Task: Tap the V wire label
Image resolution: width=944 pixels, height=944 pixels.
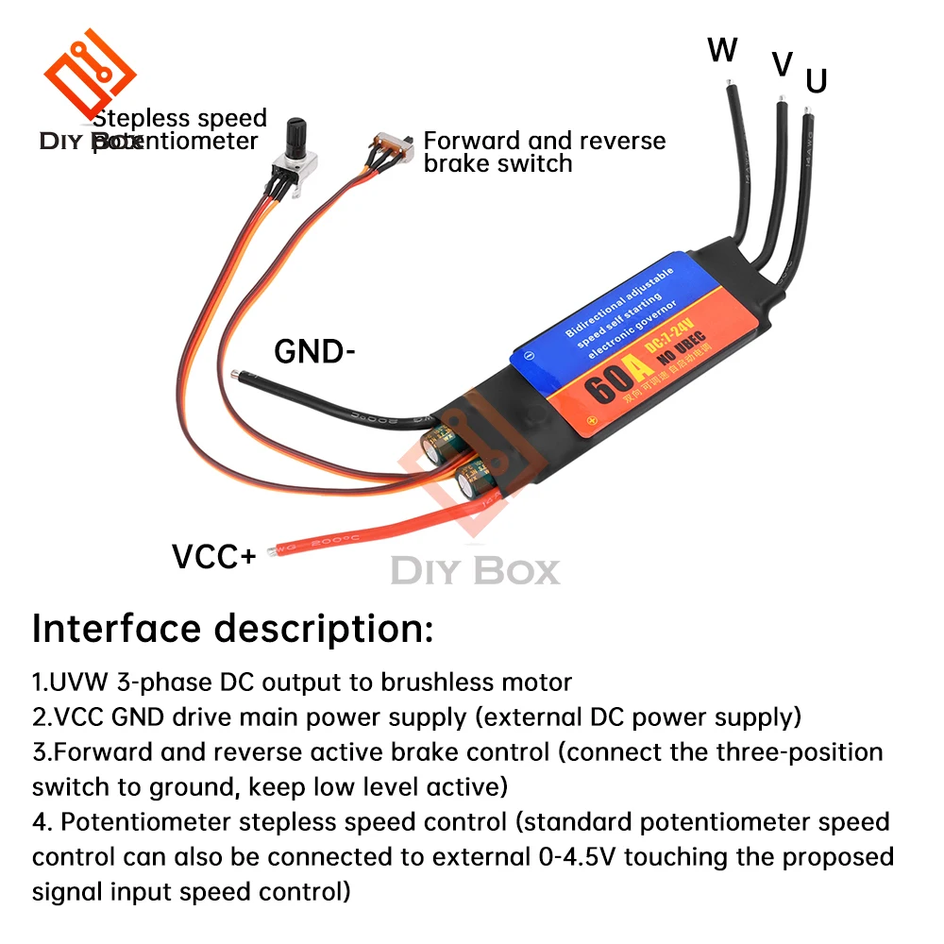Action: tap(782, 64)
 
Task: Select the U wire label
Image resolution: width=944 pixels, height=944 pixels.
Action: tap(817, 81)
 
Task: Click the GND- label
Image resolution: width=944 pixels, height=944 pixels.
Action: tap(315, 352)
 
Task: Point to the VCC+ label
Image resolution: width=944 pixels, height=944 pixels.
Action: tap(213, 557)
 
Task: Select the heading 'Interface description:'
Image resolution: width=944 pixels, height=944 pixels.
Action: tap(233, 629)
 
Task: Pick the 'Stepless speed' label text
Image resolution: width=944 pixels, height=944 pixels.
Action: tap(180, 119)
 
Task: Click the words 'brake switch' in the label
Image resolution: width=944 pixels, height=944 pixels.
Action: tap(497, 163)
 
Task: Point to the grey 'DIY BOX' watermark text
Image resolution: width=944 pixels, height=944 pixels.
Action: tap(475, 571)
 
